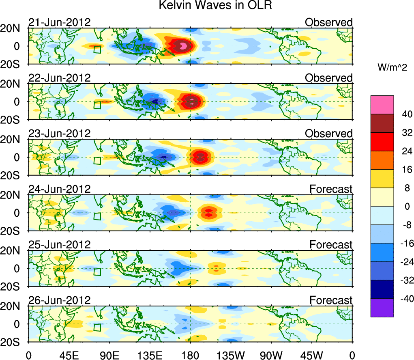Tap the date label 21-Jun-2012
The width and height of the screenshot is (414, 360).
59,22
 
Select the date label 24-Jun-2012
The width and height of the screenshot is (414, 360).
59,189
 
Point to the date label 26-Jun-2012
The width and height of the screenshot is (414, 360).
59,300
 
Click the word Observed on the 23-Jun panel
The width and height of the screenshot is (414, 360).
329,134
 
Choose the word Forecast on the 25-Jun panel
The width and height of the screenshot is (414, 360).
331,245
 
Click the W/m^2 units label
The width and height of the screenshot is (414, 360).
392,68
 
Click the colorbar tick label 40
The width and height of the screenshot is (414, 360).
404,114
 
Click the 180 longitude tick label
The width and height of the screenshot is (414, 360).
190,355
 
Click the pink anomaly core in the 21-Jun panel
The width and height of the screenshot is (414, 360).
183,45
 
